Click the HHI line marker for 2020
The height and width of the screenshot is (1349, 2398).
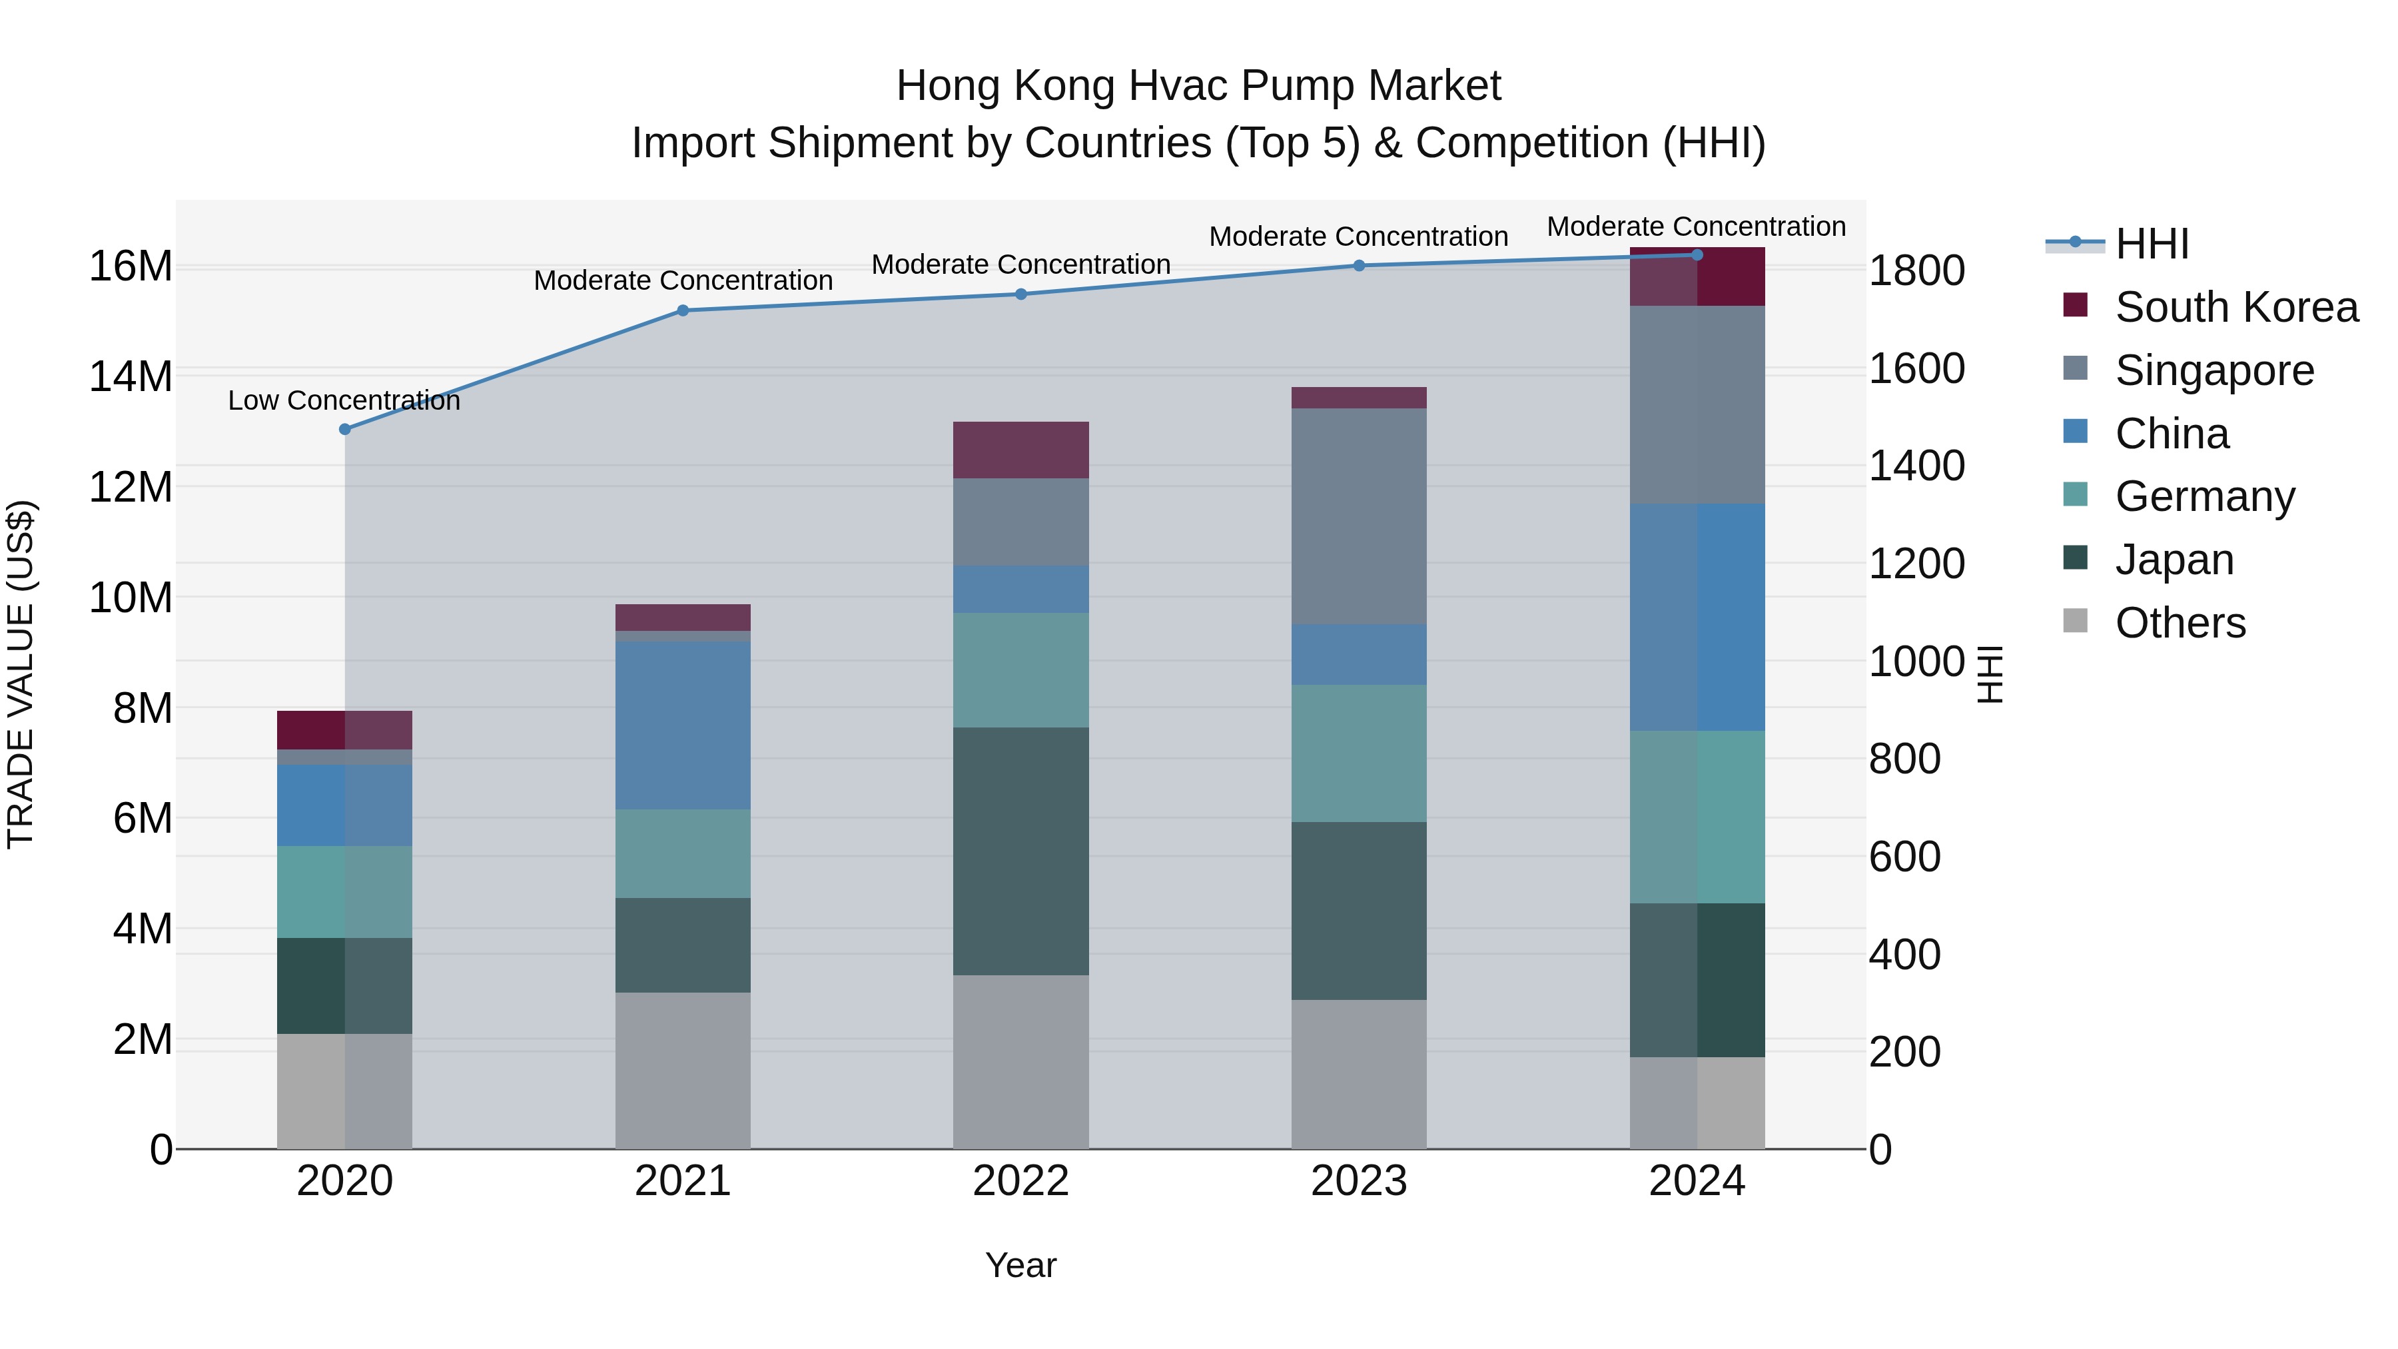click(344, 429)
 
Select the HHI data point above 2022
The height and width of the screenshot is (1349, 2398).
click(1020, 294)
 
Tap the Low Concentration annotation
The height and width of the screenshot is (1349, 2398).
click(344, 400)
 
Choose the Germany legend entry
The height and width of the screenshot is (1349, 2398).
click(2204, 496)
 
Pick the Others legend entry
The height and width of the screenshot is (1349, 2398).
click(2180, 623)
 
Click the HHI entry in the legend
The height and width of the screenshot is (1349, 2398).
click(2152, 244)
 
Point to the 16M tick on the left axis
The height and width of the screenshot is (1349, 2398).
click(131, 266)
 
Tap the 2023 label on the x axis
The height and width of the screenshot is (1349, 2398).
click(1358, 1181)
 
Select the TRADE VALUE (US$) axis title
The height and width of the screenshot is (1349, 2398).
click(21, 674)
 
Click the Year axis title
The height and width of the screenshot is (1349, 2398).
click(1020, 1265)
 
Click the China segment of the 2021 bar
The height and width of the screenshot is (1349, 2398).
click(682, 725)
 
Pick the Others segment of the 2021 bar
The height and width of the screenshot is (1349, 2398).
click(682, 1070)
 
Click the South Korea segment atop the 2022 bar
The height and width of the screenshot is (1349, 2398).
click(1020, 450)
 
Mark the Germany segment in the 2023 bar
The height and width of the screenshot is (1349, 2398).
click(1358, 753)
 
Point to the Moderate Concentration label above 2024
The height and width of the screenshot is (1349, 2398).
click(1695, 226)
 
